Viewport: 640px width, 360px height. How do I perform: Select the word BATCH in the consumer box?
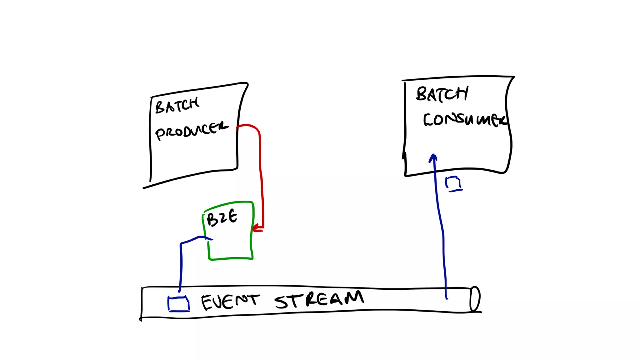click(442, 94)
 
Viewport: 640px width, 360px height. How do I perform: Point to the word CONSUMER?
click(464, 120)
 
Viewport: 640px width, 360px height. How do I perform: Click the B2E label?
click(222, 217)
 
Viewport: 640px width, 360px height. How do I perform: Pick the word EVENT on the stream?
click(230, 302)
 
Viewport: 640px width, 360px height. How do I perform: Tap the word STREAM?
click(319, 299)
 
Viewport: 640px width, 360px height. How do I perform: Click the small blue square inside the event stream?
click(178, 304)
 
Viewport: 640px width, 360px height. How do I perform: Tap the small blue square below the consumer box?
click(453, 183)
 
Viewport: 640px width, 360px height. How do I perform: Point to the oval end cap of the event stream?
click(475, 299)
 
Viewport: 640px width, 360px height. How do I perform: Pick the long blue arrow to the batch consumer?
click(441, 225)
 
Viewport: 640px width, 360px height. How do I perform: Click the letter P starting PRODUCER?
click(160, 134)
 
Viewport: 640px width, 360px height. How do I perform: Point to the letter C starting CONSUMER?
click(428, 120)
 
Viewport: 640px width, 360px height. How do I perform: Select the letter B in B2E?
click(212, 220)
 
